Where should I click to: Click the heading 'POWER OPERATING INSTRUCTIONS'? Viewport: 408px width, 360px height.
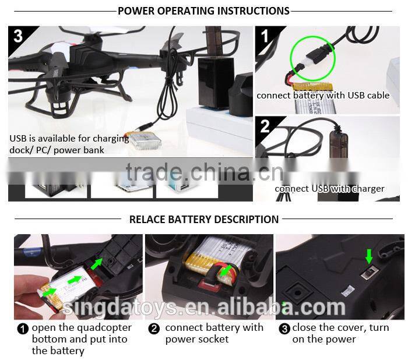pyautogui.click(x=203, y=11)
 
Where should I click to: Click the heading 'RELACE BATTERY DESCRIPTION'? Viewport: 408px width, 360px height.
pyautogui.click(x=203, y=220)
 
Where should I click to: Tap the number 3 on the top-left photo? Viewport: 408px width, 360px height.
pyautogui.click(x=18, y=36)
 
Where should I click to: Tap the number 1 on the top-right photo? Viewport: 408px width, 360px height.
pyautogui.click(x=264, y=36)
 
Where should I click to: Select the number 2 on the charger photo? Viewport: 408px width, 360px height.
pyautogui.click(x=265, y=126)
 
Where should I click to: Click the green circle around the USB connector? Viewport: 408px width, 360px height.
pyautogui.click(x=311, y=59)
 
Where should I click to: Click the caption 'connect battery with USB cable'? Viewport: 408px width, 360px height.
pyautogui.click(x=323, y=96)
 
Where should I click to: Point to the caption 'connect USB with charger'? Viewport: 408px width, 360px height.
pyautogui.click(x=329, y=188)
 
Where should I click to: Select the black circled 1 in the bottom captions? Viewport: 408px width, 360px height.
pyautogui.click(x=23, y=329)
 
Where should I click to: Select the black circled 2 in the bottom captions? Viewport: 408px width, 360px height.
pyautogui.click(x=154, y=329)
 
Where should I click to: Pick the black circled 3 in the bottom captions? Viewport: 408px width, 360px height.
pyautogui.click(x=284, y=329)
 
